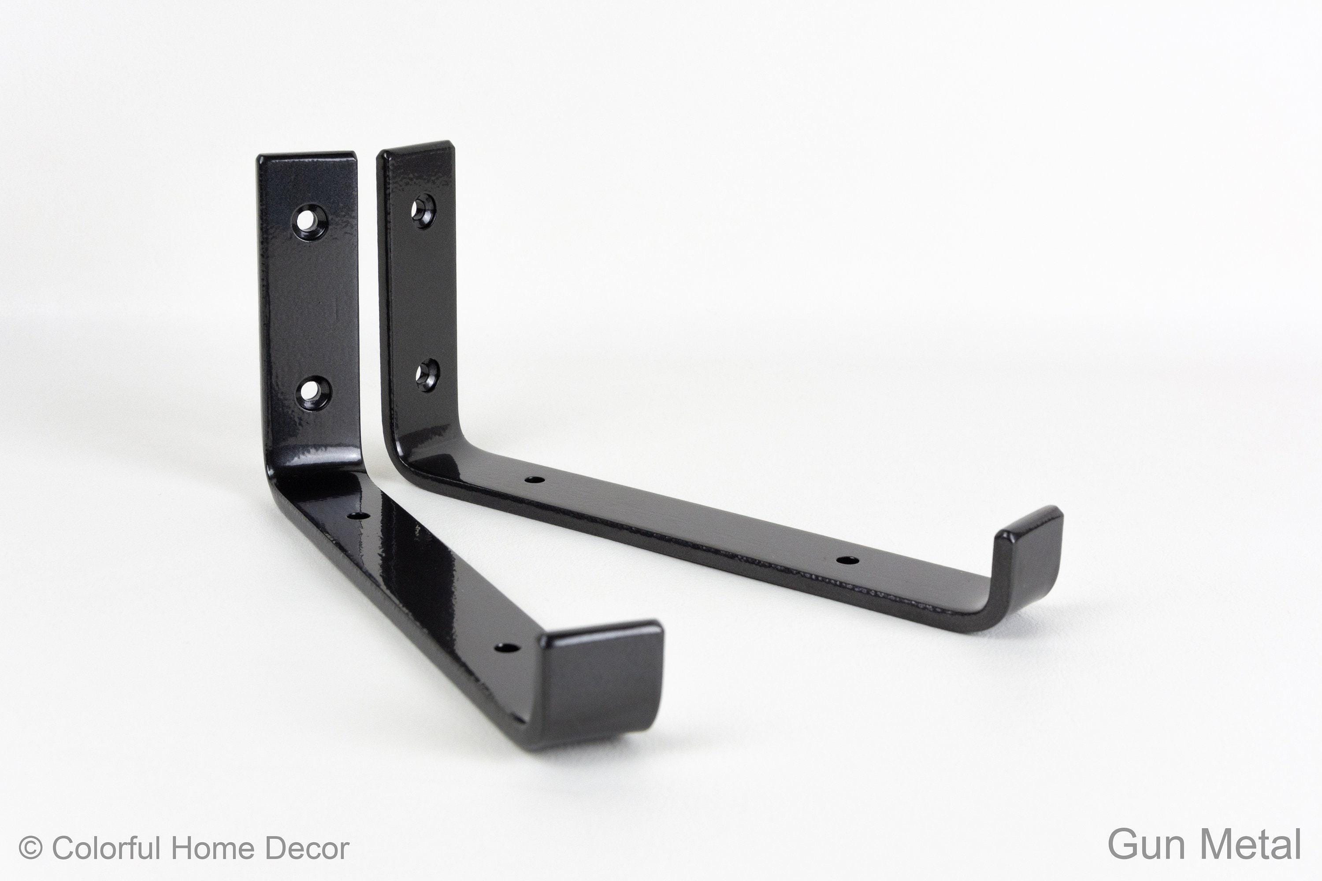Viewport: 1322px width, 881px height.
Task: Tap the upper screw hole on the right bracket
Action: pos(423,210)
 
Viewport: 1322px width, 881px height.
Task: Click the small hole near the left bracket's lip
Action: pos(506,648)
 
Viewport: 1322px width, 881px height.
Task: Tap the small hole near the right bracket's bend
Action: pos(534,480)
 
